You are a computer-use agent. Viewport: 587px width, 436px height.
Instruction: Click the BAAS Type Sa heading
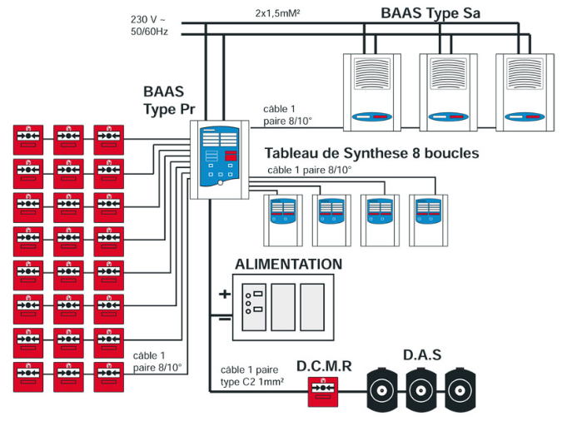[430, 12]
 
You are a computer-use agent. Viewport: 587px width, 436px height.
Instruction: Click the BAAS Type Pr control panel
[217, 159]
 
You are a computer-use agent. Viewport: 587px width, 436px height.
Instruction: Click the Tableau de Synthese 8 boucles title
[371, 154]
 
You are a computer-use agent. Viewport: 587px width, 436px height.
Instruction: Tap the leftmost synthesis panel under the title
[283, 220]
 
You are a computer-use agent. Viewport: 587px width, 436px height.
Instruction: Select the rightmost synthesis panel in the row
[430, 220]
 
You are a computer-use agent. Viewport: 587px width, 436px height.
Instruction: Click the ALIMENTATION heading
[288, 265]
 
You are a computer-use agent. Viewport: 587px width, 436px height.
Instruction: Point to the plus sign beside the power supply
[224, 294]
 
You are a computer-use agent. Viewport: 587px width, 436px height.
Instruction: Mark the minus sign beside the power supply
[224, 319]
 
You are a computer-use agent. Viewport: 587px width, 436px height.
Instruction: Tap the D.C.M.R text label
[324, 366]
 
